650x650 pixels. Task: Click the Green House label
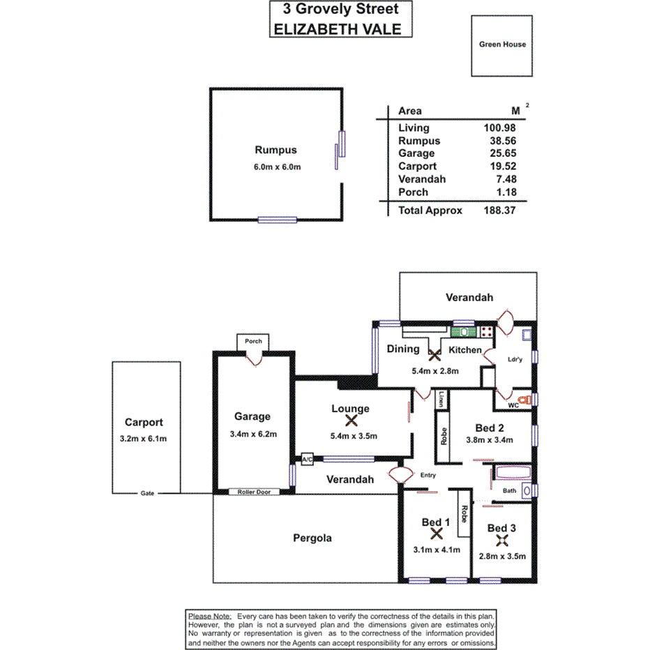point(502,45)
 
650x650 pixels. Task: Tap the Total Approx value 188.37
point(499,210)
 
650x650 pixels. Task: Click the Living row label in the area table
point(414,128)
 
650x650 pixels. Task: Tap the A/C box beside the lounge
point(307,460)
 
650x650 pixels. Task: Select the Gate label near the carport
point(146,493)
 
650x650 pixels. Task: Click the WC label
point(513,404)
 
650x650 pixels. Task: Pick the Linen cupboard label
point(442,400)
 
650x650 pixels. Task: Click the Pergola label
point(312,538)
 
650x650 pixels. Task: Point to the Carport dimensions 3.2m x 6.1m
point(143,438)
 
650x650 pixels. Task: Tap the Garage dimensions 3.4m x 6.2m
point(252,434)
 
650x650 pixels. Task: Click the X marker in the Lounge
point(351,421)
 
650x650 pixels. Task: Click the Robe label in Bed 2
point(443,435)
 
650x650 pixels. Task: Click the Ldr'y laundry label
point(516,360)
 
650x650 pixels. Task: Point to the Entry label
point(428,476)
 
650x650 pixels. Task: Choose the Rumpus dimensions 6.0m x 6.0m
point(275,167)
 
